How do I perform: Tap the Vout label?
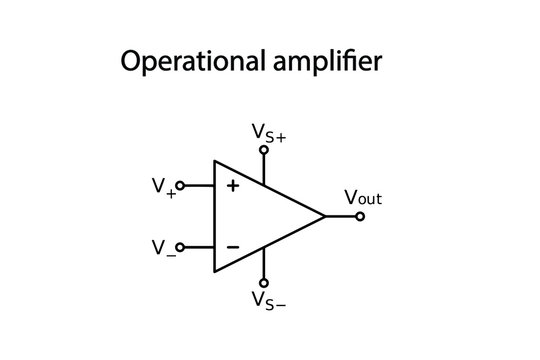(363, 197)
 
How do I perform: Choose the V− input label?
(162, 247)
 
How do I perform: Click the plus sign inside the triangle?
(233, 185)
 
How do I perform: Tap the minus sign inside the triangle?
(233, 246)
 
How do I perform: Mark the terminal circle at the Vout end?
(361, 216)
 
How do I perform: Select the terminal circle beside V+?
(180, 185)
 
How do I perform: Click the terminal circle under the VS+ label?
(264, 150)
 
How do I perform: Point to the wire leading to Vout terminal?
(341, 216)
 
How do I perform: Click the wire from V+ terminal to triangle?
(198, 185)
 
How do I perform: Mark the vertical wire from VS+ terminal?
(264, 169)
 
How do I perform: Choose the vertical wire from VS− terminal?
(264, 263)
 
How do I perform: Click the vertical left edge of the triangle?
(213, 216)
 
